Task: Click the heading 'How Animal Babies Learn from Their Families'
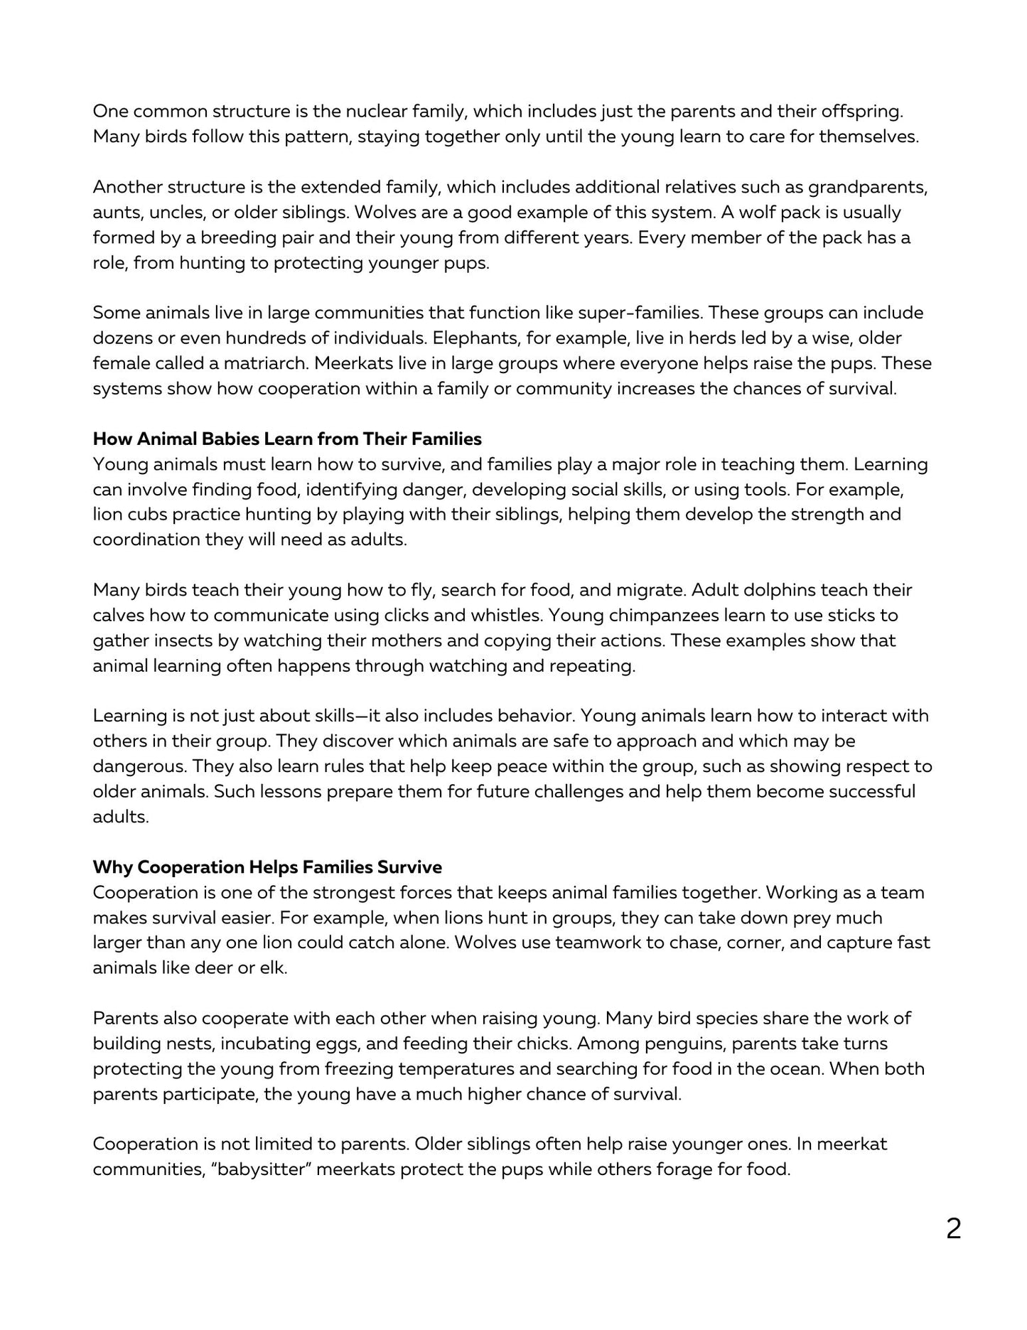(287, 439)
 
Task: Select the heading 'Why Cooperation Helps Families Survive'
(267, 867)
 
